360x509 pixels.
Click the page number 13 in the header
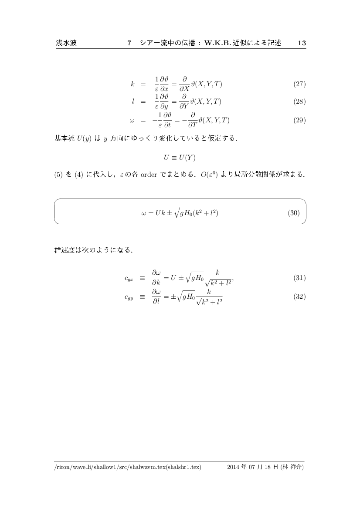point(302,43)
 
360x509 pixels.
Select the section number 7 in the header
point(129,43)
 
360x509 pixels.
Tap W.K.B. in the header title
point(214,43)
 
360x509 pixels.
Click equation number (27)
point(299,84)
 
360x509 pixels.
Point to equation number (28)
point(299,102)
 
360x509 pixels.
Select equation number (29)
point(299,121)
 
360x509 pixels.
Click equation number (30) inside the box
point(294,213)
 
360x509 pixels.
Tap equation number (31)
point(299,278)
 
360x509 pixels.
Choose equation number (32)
point(299,297)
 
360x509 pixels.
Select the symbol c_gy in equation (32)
point(129,297)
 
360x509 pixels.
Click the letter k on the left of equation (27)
point(132,84)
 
